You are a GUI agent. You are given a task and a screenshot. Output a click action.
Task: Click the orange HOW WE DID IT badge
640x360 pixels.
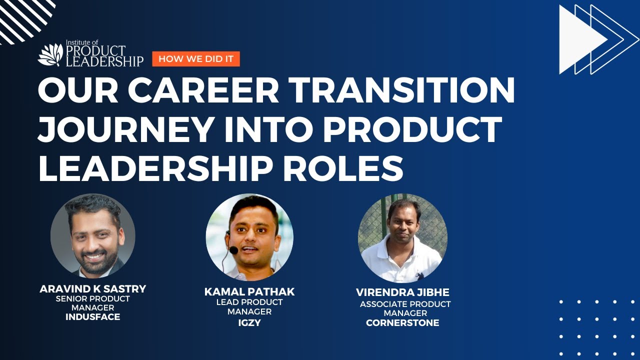pos(196,59)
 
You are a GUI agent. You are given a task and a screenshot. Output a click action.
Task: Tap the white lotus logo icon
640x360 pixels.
pos(50,55)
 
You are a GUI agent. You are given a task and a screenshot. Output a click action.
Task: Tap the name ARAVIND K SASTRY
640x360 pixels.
pos(92,289)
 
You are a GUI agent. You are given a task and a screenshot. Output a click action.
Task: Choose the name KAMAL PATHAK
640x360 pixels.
pos(249,292)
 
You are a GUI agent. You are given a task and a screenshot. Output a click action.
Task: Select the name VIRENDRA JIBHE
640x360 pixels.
pos(402,292)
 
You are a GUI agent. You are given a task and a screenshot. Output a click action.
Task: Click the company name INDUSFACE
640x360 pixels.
pos(92,317)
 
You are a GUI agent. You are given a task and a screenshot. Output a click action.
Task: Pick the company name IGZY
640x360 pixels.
pos(249,323)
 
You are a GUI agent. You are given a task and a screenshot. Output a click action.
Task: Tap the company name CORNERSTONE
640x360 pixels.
pos(402,323)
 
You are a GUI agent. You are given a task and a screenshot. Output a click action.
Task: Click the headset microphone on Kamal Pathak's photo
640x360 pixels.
pos(232,248)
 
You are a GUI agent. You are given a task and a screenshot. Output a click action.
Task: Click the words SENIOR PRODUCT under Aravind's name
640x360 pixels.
pos(92,299)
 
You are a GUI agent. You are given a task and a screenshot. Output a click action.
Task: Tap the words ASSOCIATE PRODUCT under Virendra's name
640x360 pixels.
pos(405,304)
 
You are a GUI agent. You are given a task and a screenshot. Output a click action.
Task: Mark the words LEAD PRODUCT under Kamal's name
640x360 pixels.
pos(249,302)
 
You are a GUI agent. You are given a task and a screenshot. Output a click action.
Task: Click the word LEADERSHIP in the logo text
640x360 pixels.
pos(105,61)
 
